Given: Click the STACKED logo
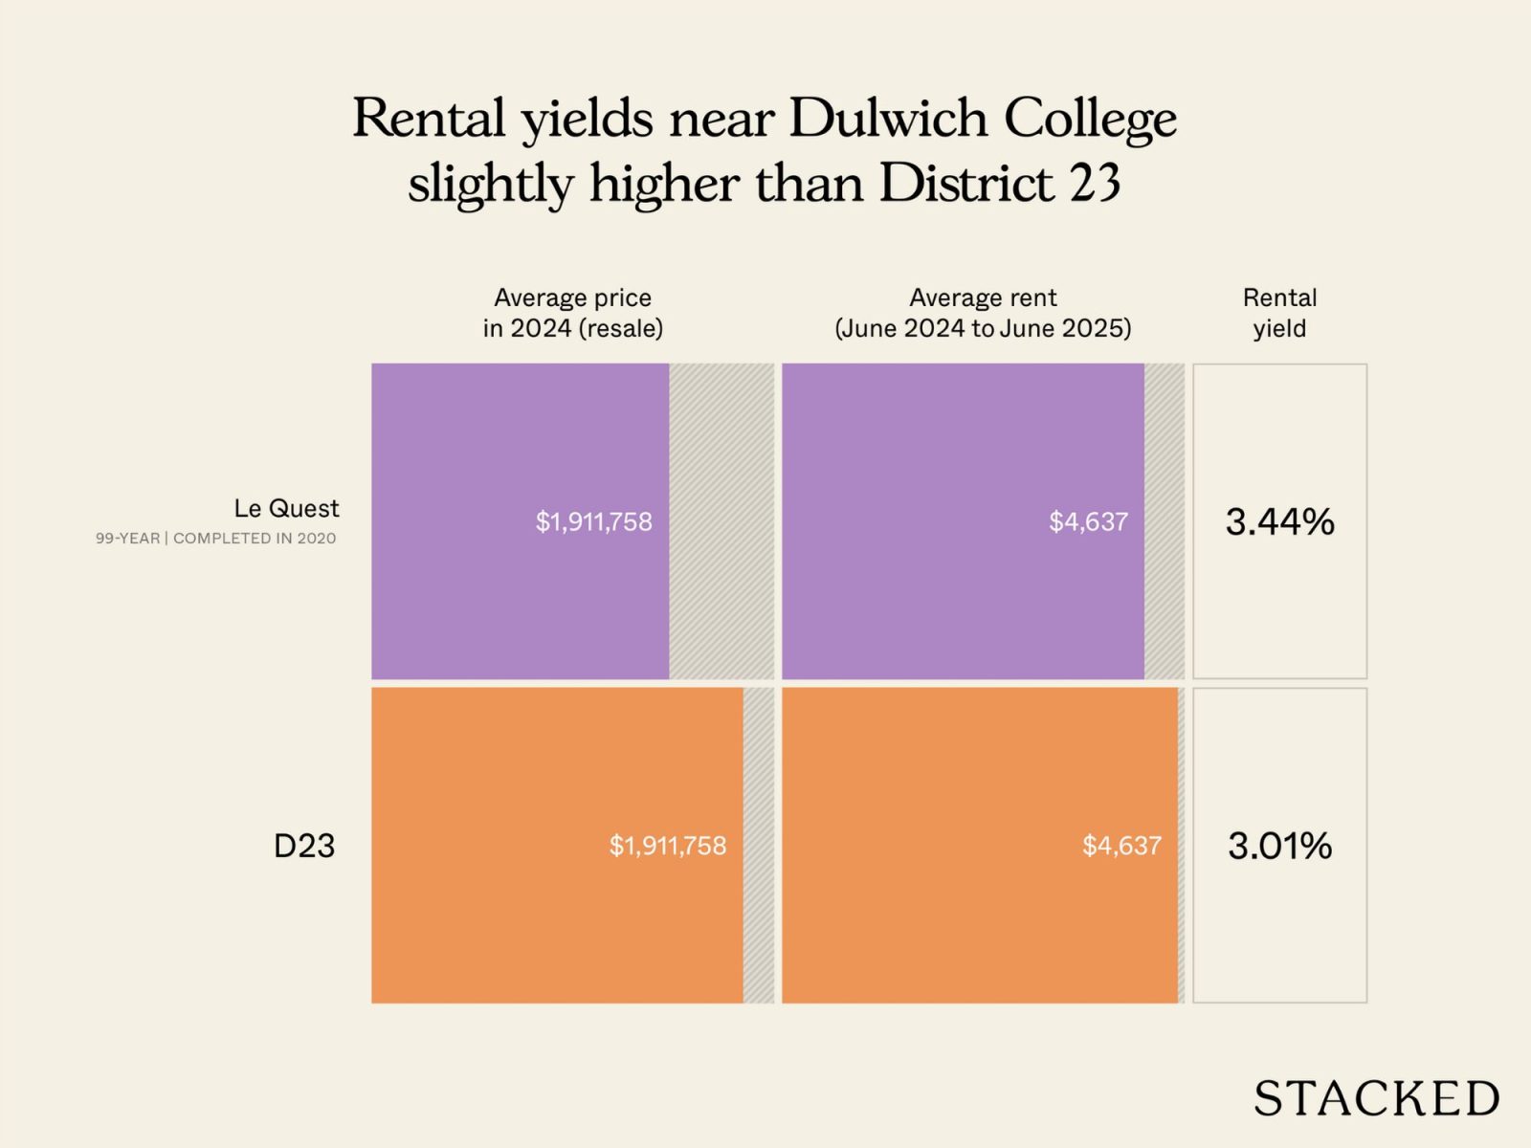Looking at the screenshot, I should [1376, 1098].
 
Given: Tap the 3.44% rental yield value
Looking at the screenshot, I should [1279, 522].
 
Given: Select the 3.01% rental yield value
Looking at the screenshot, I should [1279, 846].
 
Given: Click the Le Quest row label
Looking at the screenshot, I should [286, 508].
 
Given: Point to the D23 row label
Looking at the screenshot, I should [304, 846].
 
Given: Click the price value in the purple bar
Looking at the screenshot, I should [593, 522].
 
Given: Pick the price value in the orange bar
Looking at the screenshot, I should [668, 846].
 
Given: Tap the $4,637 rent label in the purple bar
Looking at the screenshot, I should [1088, 522].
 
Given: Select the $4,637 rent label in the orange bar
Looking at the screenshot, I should [1121, 846].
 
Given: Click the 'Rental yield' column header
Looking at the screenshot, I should [1279, 313].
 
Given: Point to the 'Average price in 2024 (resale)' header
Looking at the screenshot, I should [572, 313].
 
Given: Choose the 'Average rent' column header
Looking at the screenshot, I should [983, 313].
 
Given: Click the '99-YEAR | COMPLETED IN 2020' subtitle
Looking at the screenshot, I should [215, 539].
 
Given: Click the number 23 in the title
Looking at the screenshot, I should [1095, 183].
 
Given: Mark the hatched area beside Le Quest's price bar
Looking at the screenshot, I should [721, 521].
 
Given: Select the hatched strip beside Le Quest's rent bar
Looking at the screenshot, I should [1164, 521].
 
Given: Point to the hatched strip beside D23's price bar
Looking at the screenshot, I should [758, 846].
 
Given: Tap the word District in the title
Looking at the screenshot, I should [965, 183].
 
